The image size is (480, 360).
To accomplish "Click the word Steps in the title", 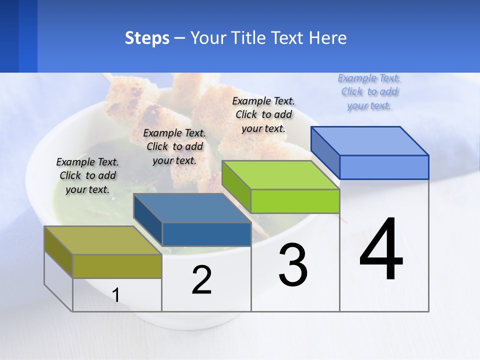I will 147,38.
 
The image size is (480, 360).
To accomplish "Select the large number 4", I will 381,250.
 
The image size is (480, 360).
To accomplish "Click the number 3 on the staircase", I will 293,265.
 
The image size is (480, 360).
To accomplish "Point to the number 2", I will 201,280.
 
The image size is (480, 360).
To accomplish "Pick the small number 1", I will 116,295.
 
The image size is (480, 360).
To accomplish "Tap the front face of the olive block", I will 117,266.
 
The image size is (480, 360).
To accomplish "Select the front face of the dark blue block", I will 206,234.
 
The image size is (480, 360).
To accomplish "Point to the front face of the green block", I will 295,201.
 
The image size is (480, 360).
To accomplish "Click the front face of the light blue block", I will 384,167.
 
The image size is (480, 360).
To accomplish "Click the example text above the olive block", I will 87,175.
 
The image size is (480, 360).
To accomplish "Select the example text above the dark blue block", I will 174,146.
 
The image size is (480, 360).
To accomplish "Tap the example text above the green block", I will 263,114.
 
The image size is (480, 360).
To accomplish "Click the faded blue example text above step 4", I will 369,91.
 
